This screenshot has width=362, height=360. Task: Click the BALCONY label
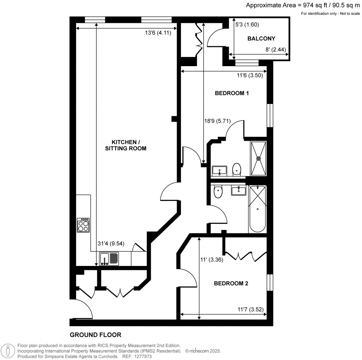coord(261,39)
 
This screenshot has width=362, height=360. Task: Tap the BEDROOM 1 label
coord(232,93)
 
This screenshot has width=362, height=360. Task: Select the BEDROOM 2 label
coord(231,284)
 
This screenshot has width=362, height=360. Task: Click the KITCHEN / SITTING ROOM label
coord(125,145)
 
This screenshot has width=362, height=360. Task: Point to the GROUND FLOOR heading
coord(95,335)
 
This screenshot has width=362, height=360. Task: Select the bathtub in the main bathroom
coord(257,209)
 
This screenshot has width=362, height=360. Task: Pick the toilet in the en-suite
coord(236,169)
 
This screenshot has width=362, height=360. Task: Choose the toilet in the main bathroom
coord(218,192)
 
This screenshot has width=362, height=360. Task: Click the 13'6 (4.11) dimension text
coord(160,33)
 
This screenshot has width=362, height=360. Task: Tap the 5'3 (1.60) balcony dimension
coord(247,25)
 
